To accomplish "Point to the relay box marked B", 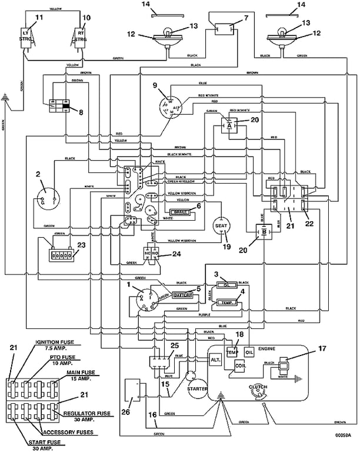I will click(x=264, y=232).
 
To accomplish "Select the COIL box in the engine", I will click(x=240, y=365).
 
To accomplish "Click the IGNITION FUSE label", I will click(x=56, y=344).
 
